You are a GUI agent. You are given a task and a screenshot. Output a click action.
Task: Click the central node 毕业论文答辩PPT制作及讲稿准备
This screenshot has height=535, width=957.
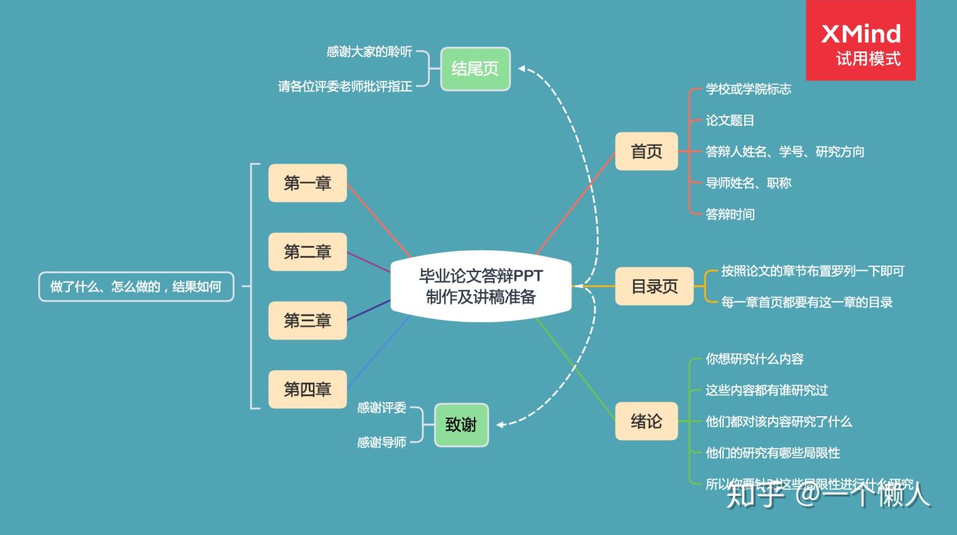pos(480,286)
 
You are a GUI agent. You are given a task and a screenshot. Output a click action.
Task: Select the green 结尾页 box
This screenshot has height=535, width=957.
pos(475,68)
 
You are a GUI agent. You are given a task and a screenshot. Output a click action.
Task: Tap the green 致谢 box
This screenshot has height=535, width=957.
pos(461,425)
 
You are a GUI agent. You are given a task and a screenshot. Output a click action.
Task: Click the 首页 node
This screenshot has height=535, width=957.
pos(647,151)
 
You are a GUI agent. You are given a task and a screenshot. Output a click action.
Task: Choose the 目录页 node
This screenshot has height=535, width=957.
pos(654,286)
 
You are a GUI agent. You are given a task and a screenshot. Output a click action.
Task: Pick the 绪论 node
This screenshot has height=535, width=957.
pos(647,421)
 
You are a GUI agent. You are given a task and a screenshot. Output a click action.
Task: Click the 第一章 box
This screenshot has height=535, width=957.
pos(308,183)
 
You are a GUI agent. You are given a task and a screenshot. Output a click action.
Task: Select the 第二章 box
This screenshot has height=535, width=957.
pos(308,252)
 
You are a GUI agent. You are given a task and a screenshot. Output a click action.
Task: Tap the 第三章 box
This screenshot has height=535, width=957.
pos(308,321)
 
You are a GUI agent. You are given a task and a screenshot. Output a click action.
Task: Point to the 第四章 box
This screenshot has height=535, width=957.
pos(308,390)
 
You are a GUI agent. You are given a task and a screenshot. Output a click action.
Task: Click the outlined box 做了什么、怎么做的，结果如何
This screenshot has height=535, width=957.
pos(136,287)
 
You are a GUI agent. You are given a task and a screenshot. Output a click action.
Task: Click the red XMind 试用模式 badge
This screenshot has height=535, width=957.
pos(861,41)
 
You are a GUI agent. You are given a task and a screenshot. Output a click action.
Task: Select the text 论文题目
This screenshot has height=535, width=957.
pos(730,121)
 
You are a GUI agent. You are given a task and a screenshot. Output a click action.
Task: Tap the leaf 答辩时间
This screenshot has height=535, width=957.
pos(730,214)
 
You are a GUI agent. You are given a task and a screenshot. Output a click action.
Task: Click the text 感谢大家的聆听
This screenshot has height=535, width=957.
pos(370,52)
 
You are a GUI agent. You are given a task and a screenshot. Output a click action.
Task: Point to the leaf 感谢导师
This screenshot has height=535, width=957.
pos(381,442)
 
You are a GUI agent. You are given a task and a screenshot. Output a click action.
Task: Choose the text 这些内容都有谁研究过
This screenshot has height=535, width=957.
pos(766,390)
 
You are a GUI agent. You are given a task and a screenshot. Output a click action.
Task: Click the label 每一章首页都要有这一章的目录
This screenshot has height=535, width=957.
pos(807,303)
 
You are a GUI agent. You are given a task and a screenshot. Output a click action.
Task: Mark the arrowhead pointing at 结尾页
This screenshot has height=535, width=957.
pos(522,68)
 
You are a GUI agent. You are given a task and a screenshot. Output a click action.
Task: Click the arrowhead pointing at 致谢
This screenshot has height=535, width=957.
pos(500,425)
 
